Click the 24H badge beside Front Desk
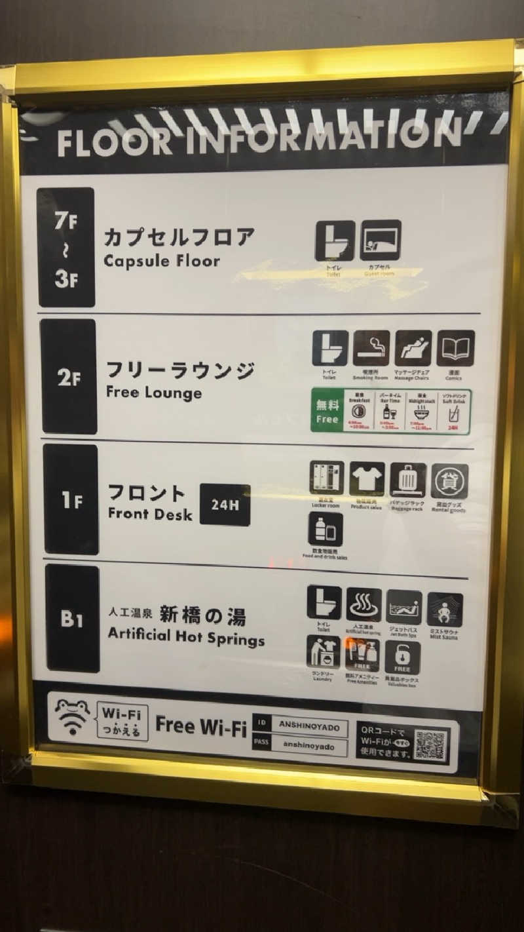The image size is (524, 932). point(225,505)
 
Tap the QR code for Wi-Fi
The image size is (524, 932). point(430,745)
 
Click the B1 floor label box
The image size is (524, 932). point(73,619)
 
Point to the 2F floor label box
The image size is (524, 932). point(69,377)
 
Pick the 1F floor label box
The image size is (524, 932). point(71,499)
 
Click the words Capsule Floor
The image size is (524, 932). point(161,261)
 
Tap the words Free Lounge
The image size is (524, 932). point(153,393)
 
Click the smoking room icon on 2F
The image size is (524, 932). point(371,348)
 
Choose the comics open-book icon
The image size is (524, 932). point(455,348)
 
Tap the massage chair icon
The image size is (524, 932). point(413,348)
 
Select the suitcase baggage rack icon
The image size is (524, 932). point(408,480)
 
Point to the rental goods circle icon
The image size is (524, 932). point(449,482)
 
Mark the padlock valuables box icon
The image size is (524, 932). point(402,657)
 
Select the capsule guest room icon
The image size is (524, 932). point(380,241)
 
